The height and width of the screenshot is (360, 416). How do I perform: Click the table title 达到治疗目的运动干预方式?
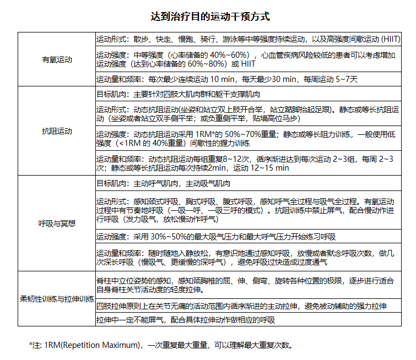211,17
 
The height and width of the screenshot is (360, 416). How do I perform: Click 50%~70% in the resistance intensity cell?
239,134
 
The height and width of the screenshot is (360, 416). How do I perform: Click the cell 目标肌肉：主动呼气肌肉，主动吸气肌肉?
163,183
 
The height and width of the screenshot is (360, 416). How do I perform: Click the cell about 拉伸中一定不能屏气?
185,320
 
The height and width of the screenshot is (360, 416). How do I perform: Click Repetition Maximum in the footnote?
99,345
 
